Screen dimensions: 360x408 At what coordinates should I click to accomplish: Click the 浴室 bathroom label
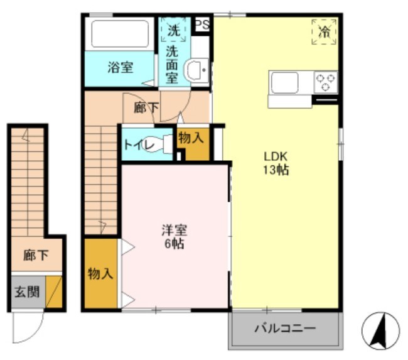[x=120, y=68]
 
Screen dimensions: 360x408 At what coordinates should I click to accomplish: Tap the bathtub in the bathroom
[x=120, y=34]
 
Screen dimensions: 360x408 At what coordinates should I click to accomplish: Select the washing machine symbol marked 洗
[x=173, y=29]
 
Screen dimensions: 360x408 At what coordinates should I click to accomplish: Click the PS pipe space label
[x=202, y=24]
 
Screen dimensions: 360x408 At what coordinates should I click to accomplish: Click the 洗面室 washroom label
[x=172, y=65]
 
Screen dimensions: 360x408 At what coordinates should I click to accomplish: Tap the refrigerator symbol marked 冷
[x=324, y=32]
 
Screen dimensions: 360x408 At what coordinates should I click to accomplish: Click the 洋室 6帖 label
[x=173, y=236]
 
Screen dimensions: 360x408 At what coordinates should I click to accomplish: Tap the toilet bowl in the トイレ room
[x=166, y=145]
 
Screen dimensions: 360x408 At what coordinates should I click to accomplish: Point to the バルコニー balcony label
[x=285, y=329]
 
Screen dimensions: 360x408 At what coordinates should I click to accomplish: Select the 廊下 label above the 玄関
[x=35, y=256]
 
